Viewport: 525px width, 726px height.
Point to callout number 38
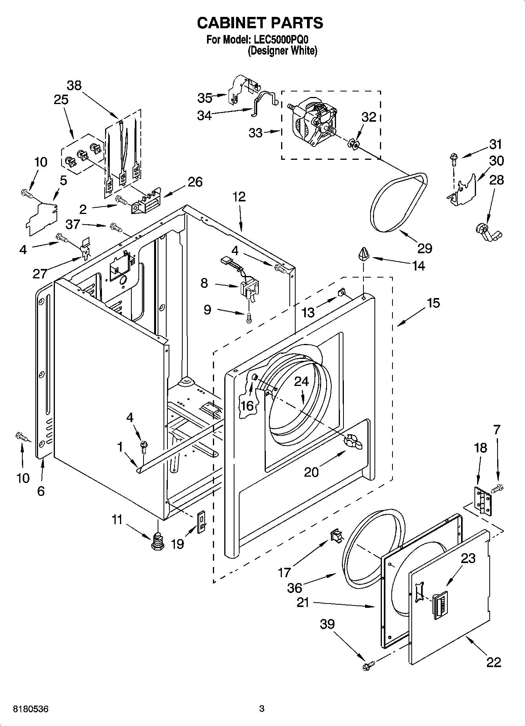pos(74,85)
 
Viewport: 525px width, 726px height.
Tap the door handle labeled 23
pos(439,605)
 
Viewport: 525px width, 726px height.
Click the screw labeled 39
pos(368,664)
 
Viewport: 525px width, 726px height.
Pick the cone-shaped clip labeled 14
pos(364,254)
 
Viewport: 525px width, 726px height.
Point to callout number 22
pos(494,662)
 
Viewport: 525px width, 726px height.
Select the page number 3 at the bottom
pos(262,709)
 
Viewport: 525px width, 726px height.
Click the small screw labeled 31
pos(454,158)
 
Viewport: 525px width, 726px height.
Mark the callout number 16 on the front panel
pos(247,405)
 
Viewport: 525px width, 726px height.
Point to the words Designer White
pos(282,51)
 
